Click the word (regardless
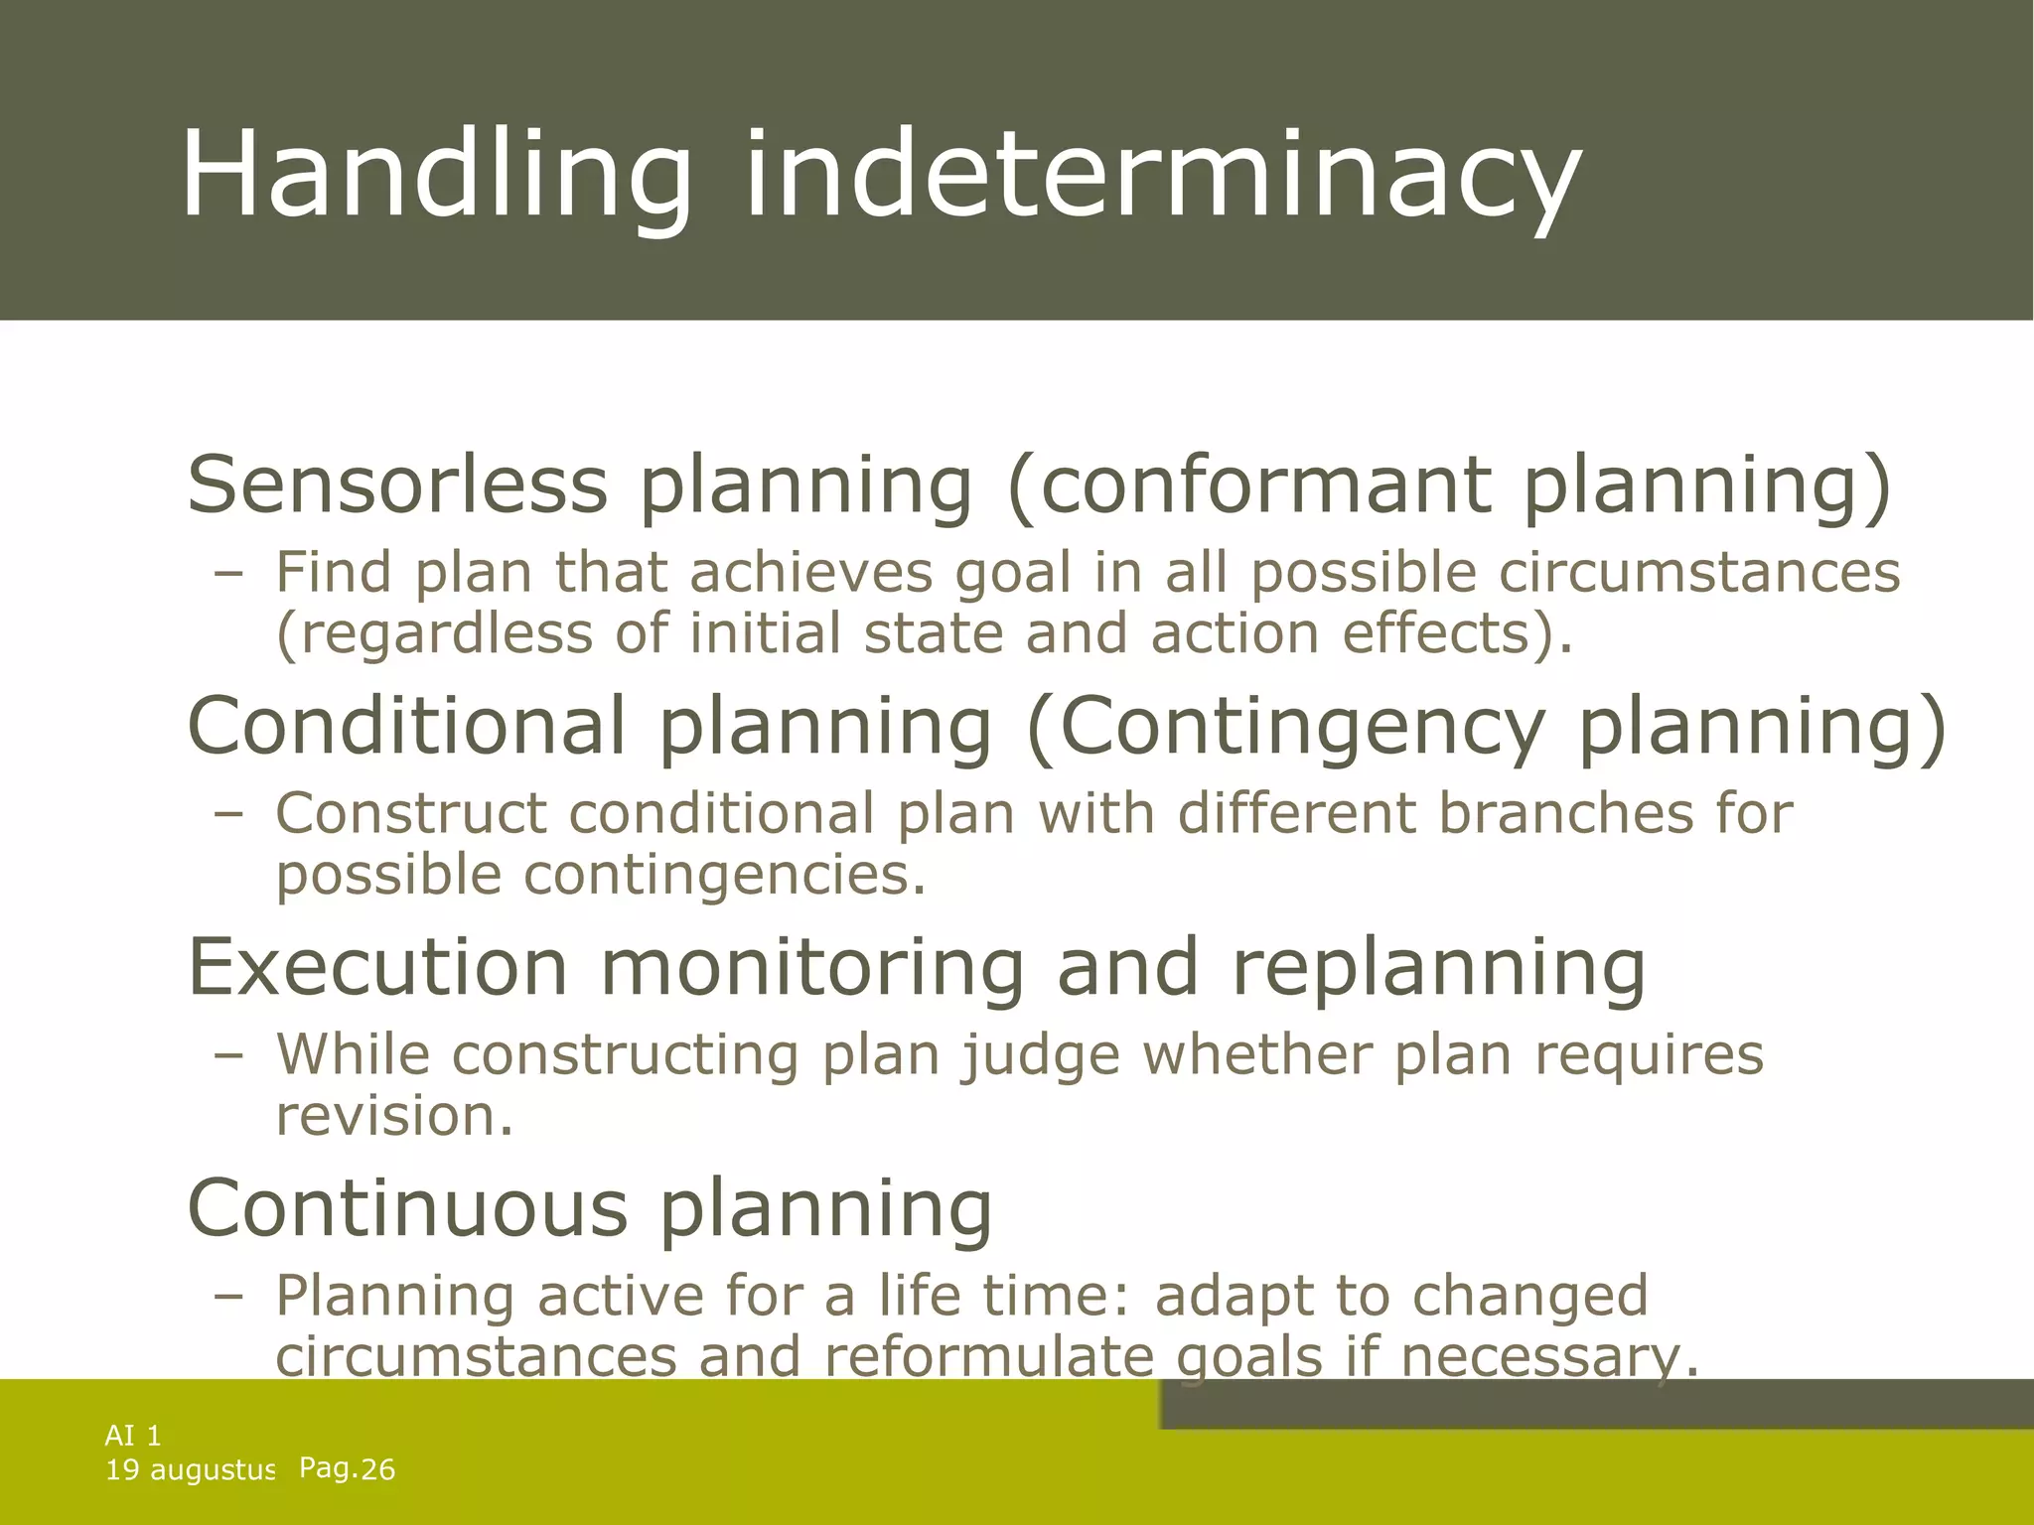click(433, 634)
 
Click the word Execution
click(377, 967)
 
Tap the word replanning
click(1439, 967)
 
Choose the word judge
click(1040, 1054)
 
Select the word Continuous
click(407, 1208)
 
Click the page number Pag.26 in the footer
click(347, 1468)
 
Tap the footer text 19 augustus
click(190, 1470)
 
